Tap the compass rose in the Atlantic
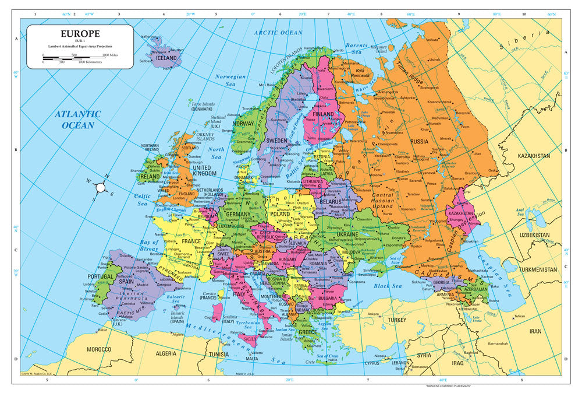100,187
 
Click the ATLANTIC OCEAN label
79,120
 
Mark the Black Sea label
388,286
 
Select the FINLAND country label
324,114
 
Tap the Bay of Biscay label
150,245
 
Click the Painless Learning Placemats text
448,387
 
